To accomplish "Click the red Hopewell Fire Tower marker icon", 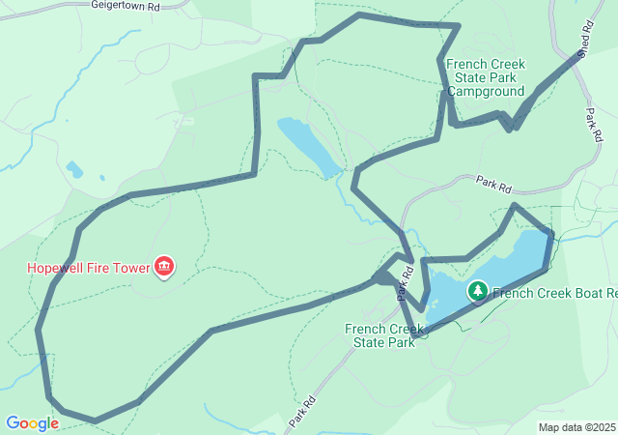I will click(x=164, y=266).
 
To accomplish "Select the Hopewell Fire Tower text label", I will click(x=88, y=267).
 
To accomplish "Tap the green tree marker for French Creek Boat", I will click(x=477, y=291).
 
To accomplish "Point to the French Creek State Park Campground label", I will click(x=492, y=76).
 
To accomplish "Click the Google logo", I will click(x=32, y=423).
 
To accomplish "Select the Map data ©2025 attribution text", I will click(x=576, y=427).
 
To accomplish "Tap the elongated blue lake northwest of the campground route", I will click(x=309, y=145).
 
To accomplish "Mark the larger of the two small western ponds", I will click(x=74, y=169).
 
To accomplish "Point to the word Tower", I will click(x=128, y=267).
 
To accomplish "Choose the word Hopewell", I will click(x=56, y=267).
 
